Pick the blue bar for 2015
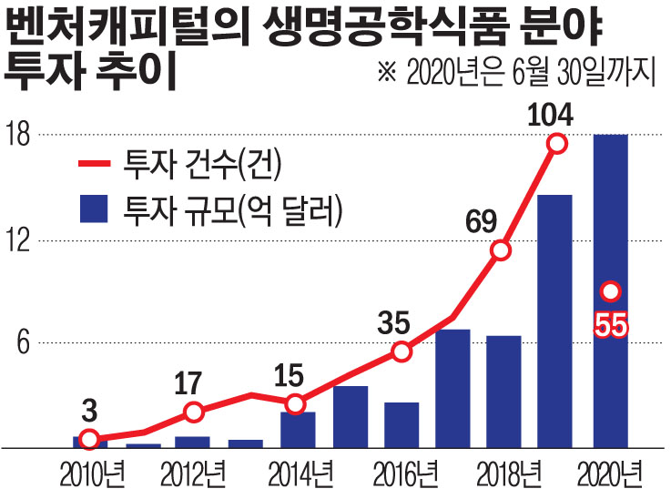click(x=351, y=417)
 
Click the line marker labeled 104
click(x=557, y=143)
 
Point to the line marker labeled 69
click(x=501, y=249)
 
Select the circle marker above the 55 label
click(x=611, y=291)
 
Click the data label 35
click(x=395, y=322)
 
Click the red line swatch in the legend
click(x=92, y=165)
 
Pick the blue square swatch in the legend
click(x=92, y=211)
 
